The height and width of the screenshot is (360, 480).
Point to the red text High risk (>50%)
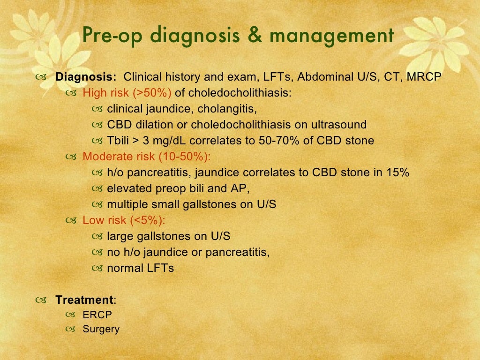tap(127, 93)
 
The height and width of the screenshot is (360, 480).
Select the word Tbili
tap(119, 141)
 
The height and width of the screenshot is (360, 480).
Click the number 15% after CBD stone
tap(398, 172)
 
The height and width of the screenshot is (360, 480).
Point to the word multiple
tap(125, 204)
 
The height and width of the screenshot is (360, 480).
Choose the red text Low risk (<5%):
tap(124, 220)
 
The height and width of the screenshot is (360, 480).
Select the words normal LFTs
tap(140, 269)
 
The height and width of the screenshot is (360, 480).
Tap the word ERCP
tap(97, 315)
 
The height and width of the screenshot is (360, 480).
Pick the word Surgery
tap(101, 329)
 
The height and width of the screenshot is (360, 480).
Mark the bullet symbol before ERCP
tap(71, 315)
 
